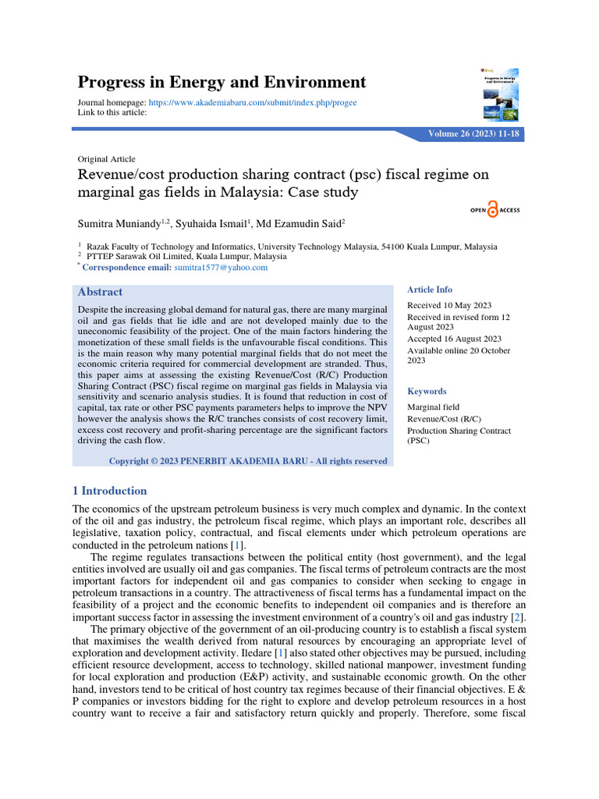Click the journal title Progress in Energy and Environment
pyautogui.click(x=222, y=82)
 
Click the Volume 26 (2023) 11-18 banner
pyautogui.click(x=474, y=134)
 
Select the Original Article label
pyautogui.click(x=106, y=158)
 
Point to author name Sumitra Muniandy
pyautogui.click(x=117, y=225)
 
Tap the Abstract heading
pyautogui.click(x=100, y=292)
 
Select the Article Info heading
pyautogui.click(x=430, y=289)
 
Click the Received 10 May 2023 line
pyautogui.click(x=449, y=305)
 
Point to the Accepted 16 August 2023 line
pyautogui.click(x=455, y=339)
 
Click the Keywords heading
pyautogui.click(x=427, y=391)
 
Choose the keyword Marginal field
pyautogui.click(x=434, y=407)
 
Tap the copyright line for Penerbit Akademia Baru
pyautogui.click(x=247, y=461)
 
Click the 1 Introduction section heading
pyautogui.click(x=109, y=491)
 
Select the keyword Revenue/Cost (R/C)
pyautogui.click(x=442, y=419)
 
